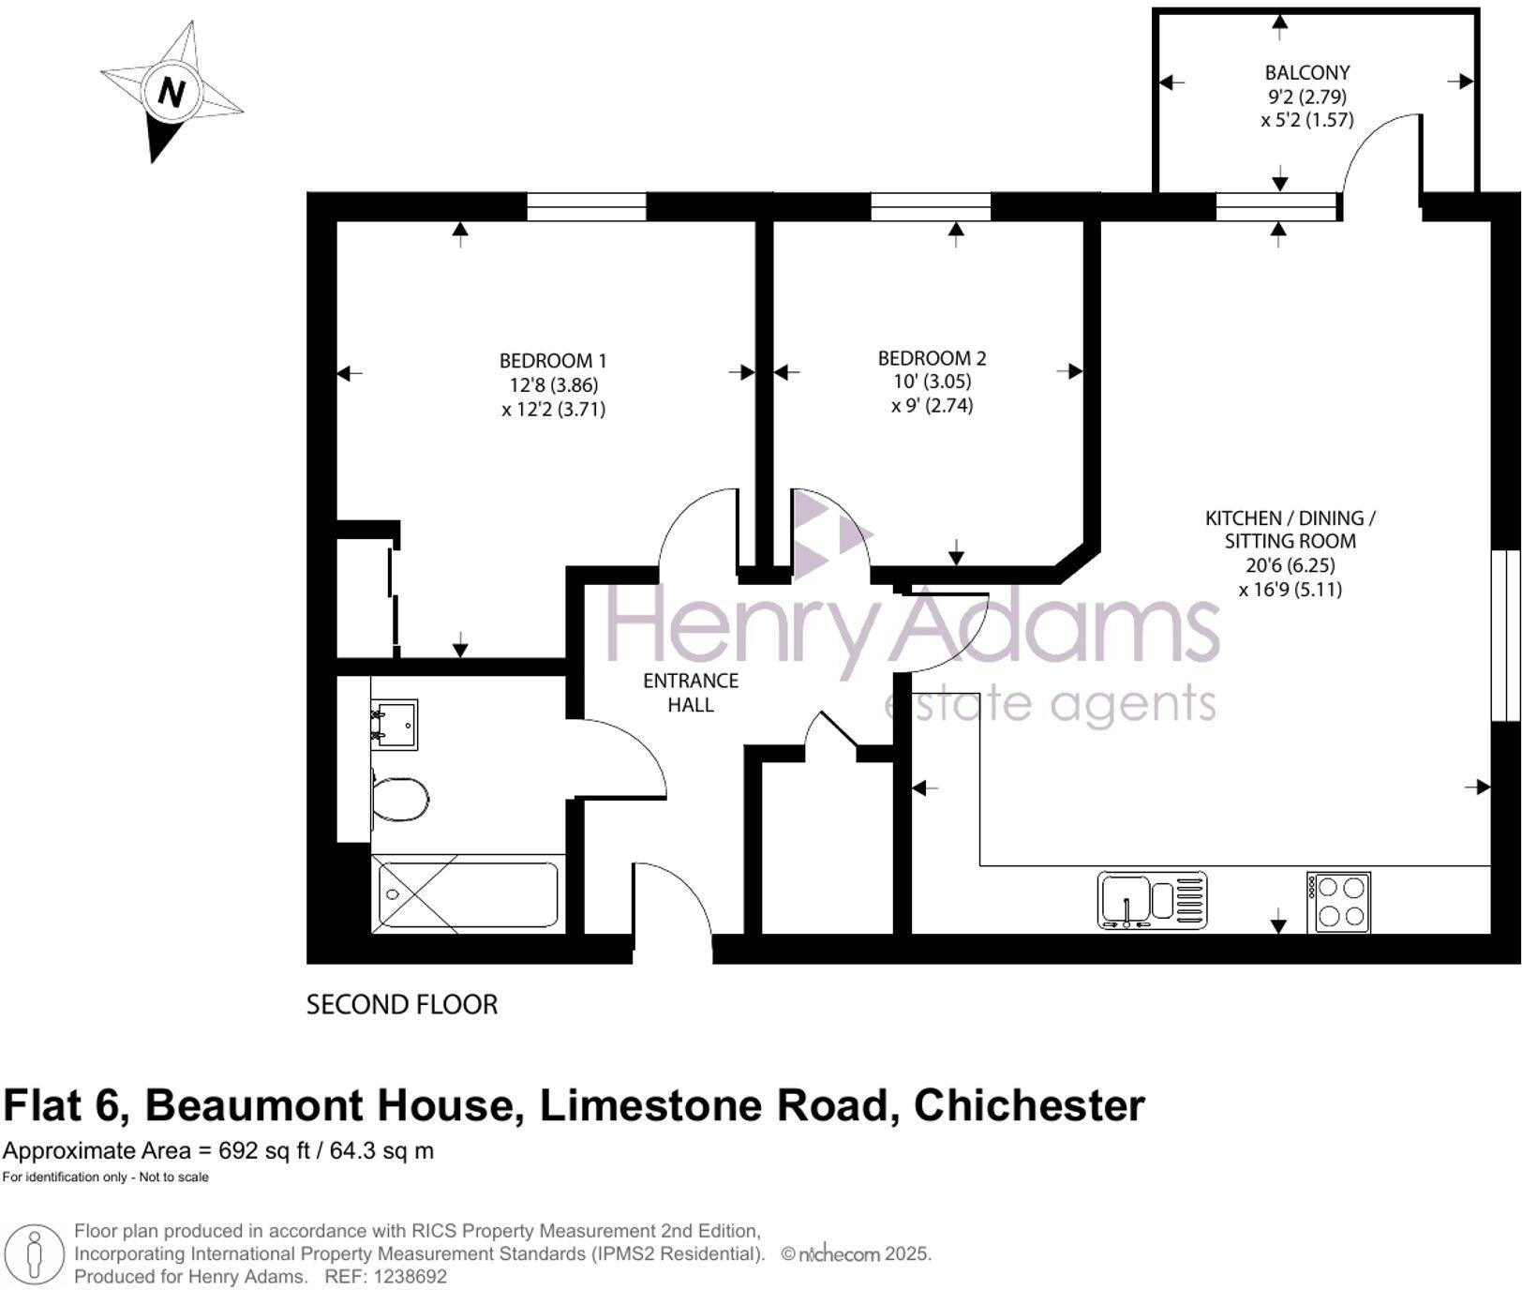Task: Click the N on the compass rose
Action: tap(171, 92)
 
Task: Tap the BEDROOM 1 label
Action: tap(553, 361)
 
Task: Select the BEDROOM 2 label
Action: tap(932, 358)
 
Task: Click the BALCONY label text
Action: tap(1306, 73)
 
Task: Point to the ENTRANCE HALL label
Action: tap(691, 693)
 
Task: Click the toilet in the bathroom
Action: tap(402, 799)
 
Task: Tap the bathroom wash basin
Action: tap(395, 723)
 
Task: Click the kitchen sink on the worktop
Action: tap(1152, 901)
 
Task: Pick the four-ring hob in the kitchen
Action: tap(1338, 902)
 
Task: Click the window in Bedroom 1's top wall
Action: tap(586, 206)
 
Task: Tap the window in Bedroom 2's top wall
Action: tap(931, 206)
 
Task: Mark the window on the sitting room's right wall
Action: tap(1505, 636)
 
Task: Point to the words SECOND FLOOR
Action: tap(402, 1005)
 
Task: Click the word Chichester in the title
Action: tap(1028, 1106)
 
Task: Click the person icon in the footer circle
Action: tap(36, 1254)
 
